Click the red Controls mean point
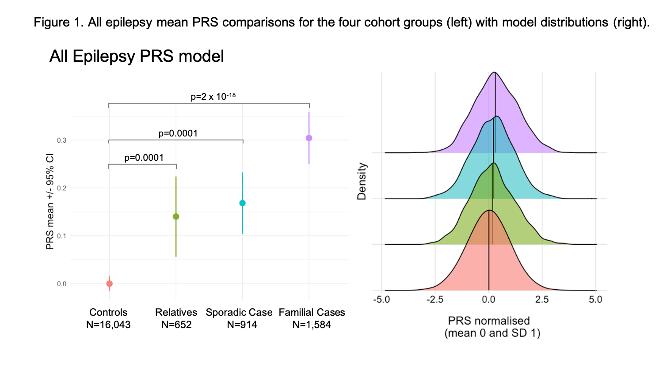pos(110,284)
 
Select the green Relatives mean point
pos(176,216)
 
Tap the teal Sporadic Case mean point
pos(242,203)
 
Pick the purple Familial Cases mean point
pos(309,138)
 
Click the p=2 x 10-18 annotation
pos(213,96)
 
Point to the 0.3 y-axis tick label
pos(61,140)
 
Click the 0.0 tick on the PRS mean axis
pos(61,284)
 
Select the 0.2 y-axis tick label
pos(61,188)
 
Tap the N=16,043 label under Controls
pos(108,325)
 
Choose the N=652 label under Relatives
pos(176,325)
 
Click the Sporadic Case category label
pos(239,313)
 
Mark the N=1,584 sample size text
pos(312,325)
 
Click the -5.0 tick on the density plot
pos(381,300)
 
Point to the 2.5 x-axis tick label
pos(542,300)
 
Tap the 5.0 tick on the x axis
pos(595,300)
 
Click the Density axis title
pos(362,181)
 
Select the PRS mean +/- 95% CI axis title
pos(50,202)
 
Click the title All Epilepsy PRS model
pos(137,57)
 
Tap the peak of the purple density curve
pos(495,72)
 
